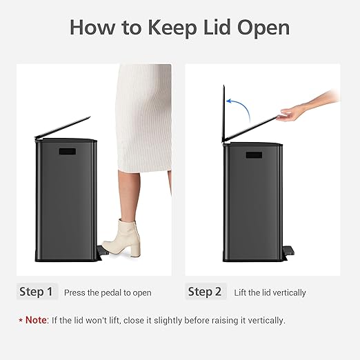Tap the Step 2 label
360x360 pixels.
(206, 292)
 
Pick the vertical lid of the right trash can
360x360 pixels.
(223, 114)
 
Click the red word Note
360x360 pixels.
(38, 321)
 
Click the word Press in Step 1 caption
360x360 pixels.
(74, 293)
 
